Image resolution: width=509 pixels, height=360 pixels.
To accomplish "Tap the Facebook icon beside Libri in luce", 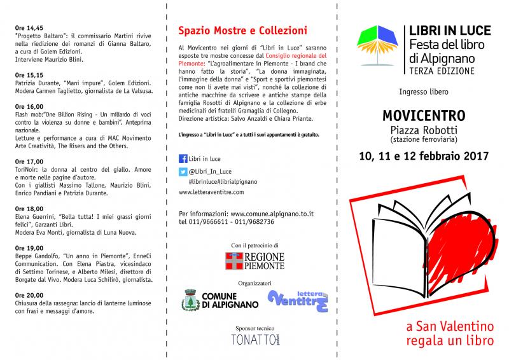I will coord(183,159).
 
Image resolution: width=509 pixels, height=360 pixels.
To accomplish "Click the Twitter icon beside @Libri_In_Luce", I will coord(183,171).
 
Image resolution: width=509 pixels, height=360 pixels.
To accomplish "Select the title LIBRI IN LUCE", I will coord(442,31).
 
